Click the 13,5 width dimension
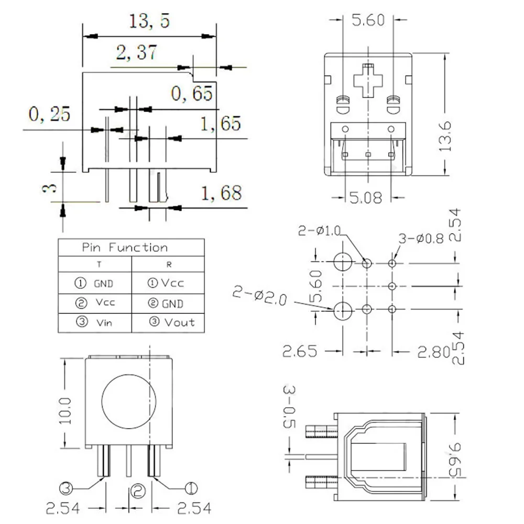point(149,23)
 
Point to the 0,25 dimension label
point(49,114)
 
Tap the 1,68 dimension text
point(222,193)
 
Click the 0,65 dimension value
point(192,94)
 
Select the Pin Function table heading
point(125,248)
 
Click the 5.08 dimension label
point(367,198)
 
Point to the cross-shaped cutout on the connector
point(368,80)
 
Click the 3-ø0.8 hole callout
point(421,238)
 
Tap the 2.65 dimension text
point(300,351)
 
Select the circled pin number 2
point(137,490)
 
